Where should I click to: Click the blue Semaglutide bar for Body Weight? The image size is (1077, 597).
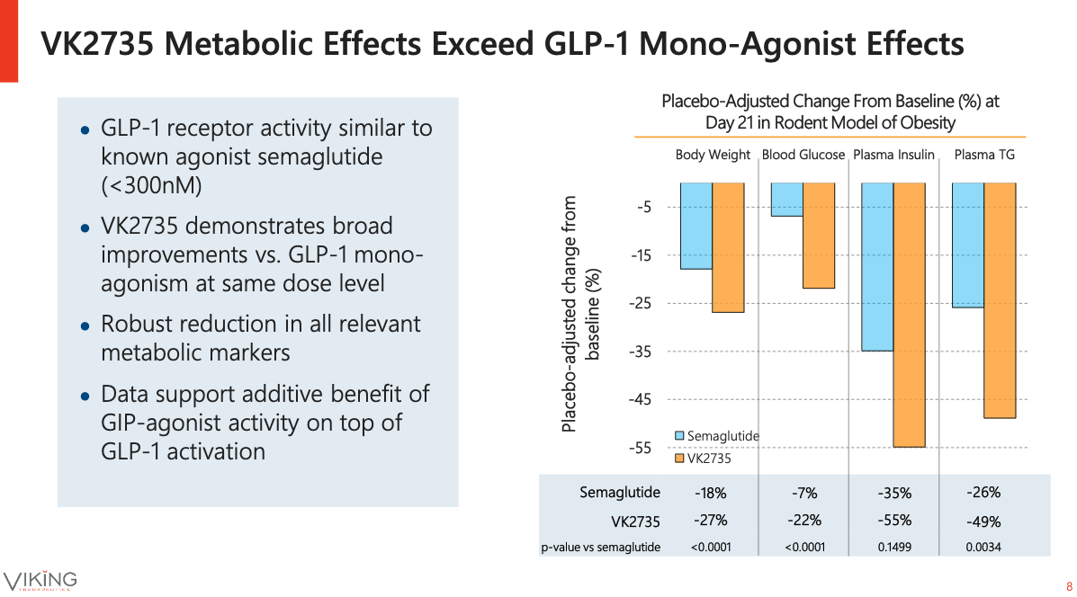click(696, 226)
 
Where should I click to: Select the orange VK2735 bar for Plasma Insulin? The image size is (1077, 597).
click(909, 315)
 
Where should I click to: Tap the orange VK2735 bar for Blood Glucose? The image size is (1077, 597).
click(818, 236)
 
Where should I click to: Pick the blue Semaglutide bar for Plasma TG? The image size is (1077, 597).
click(967, 245)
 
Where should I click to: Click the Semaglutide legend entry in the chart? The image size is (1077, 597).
click(717, 436)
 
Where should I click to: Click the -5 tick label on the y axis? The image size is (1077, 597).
click(644, 208)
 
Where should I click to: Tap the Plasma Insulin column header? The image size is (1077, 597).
click(893, 155)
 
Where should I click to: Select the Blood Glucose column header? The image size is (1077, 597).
click(803, 155)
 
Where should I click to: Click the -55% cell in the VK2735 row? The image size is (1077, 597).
click(893, 520)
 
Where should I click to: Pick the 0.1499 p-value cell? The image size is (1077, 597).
click(893, 547)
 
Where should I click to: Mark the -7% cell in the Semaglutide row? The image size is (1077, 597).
click(803, 493)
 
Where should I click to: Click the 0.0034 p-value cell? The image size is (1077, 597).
click(983, 547)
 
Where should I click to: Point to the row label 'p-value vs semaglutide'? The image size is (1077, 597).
click(600, 547)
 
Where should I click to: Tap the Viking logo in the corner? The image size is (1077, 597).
click(40, 580)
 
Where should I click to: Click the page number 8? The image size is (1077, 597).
click(1068, 582)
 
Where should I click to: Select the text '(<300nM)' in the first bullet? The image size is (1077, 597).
click(151, 186)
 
